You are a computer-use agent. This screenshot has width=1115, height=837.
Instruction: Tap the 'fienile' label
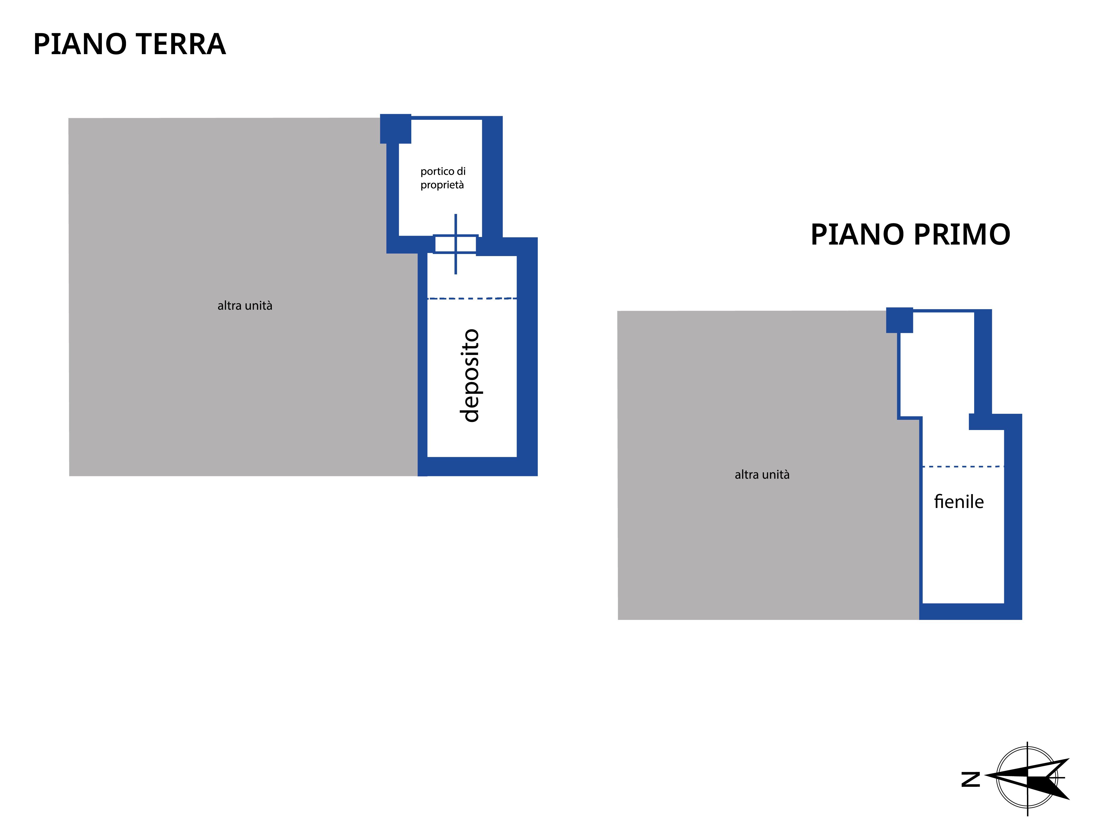(x=959, y=501)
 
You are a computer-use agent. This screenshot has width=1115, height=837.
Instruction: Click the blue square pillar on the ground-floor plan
(x=396, y=129)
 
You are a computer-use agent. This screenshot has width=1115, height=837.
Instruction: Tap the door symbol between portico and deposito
(x=456, y=244)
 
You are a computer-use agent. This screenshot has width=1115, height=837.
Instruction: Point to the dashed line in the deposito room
(x=472, y=299)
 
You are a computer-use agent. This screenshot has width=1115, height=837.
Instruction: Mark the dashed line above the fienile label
(x=963, y=467)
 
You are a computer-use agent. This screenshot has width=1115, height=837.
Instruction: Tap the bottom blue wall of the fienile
(x=970, y=612)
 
